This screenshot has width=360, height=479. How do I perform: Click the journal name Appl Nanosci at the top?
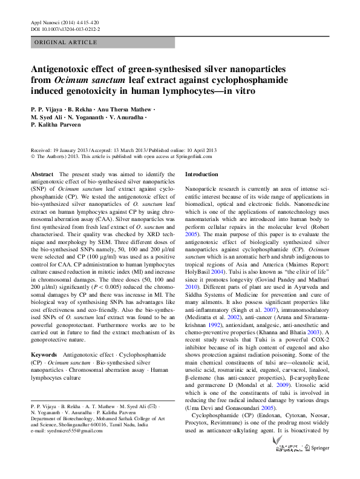[x=45, y=22]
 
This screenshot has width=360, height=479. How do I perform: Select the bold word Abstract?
[x=42, y=174]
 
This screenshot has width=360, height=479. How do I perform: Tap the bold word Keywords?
[x=44, y=353]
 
